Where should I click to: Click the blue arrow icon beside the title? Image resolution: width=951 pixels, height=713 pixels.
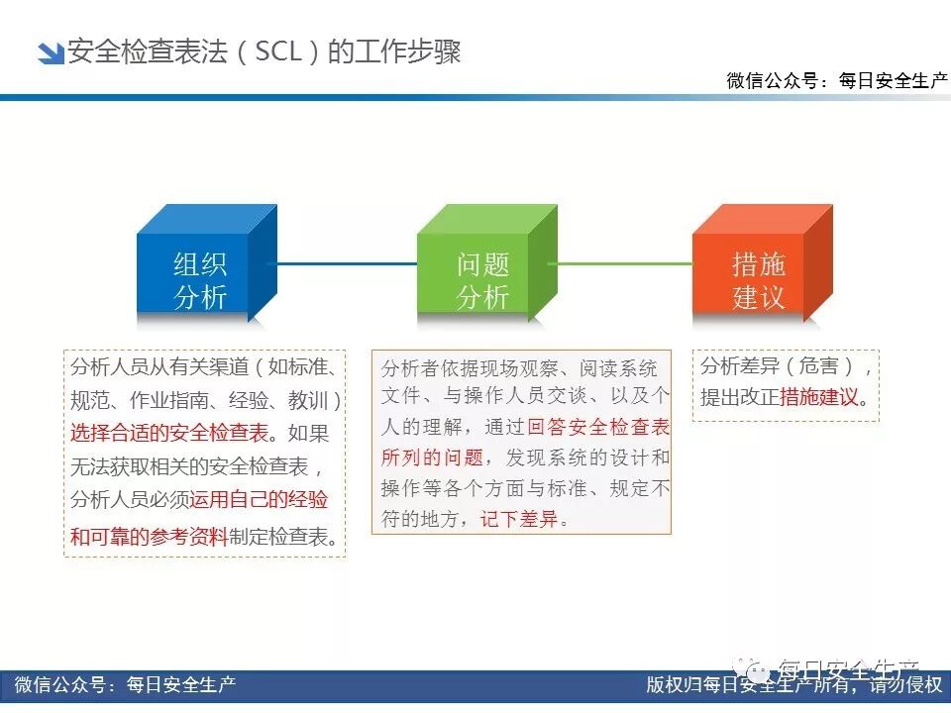click(x=50, y=52)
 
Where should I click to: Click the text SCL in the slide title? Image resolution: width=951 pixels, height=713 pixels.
click(x=277, y=51)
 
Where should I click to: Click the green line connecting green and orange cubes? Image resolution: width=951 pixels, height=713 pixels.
click(x=624, y=263)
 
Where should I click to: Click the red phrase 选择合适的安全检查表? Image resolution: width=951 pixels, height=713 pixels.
click(x=169, y=433)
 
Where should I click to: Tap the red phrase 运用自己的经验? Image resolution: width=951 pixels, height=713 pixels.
click(x=260, y=500)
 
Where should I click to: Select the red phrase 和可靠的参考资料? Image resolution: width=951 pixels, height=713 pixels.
click(x=149, y=536)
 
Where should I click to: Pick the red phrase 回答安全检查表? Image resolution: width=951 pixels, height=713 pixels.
click(x=598, y=428)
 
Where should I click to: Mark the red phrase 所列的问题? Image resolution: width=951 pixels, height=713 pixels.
click(x=432, y=458)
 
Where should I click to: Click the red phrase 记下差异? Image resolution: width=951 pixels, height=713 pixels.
click(x=519, y=518)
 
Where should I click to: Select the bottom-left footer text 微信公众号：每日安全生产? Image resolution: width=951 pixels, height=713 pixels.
click(x=125, y=684)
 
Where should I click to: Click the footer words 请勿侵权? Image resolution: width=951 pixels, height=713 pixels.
click(x=906, y=684)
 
